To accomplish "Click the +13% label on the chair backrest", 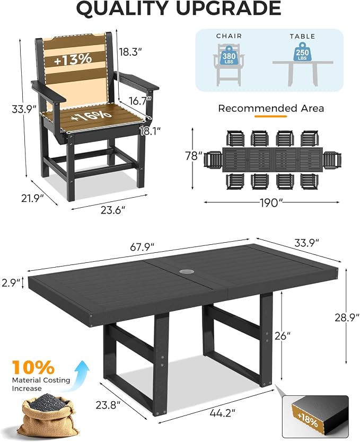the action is (73, 59).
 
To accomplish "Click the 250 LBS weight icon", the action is (302, 51).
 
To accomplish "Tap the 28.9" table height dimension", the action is (347, 317).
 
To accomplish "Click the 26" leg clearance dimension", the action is (282, 335).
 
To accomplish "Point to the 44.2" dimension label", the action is (223, 413).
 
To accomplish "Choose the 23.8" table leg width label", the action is (108, 405).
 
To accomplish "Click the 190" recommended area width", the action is (271, 202).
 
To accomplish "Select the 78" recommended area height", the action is (194, 156).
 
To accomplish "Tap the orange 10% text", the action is (33, 367).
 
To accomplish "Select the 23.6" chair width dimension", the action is (113, 210).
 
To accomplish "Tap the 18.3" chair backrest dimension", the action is (130, 52).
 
